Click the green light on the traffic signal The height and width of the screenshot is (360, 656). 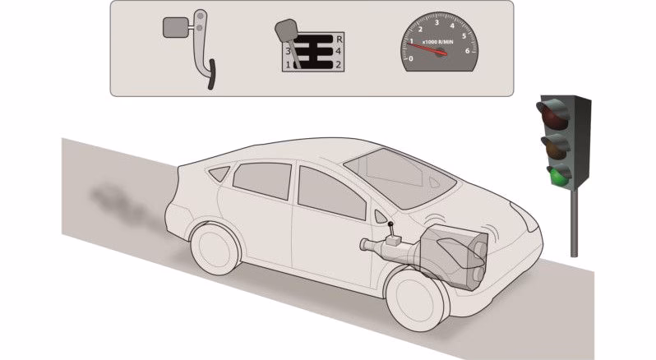pyautogui.click(x=559, y=174)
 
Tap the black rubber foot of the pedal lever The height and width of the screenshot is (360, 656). pyautogui.click(x=211, y=73)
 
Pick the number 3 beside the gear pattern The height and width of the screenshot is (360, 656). pyautogui.click(x=288, y=51)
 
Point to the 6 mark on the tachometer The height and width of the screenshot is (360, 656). pyautogui.click(x=469, y=52)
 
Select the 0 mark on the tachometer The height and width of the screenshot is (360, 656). pyautogui.click(x=411, y=59)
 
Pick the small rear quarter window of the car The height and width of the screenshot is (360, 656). pyautogui.click(x=219, y=173)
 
